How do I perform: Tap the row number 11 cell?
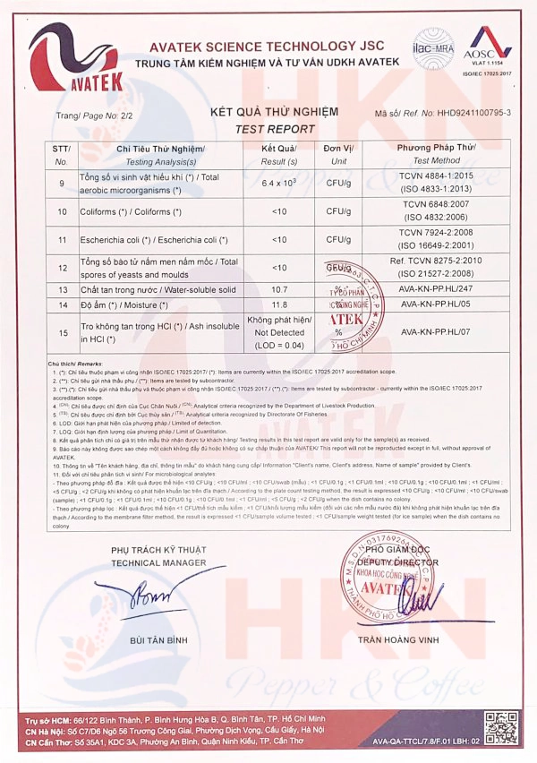pos(62,240)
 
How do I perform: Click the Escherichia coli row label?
pos(134,240)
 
